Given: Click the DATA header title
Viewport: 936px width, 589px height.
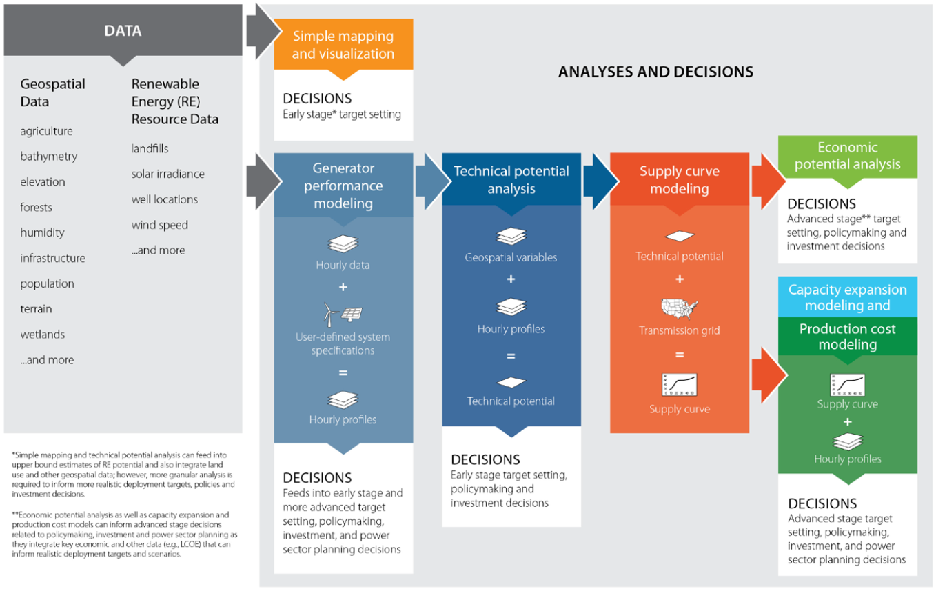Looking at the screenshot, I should [123, 30].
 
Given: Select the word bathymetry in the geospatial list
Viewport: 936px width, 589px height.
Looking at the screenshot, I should [49, 157].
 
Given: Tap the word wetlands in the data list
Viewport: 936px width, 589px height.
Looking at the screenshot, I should [43, 335].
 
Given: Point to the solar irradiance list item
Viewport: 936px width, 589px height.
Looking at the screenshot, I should [168, 174].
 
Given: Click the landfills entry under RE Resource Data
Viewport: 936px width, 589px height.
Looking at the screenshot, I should [150, 148].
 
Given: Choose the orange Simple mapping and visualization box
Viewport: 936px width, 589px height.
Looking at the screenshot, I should [343, 45].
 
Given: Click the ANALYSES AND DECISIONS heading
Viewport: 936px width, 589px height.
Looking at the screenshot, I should [655, 72].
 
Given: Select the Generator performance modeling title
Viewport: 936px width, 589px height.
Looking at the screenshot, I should [343, 186].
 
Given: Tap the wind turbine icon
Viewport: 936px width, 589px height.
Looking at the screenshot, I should [329, 315].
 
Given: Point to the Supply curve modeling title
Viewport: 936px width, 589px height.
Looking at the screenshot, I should [680, 179].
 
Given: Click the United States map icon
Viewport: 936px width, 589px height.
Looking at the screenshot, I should [680, 308].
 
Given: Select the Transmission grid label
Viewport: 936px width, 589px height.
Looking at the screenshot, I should [680, 330].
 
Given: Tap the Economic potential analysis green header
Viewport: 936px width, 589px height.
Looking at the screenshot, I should [848, 156].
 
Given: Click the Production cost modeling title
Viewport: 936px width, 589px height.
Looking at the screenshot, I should [848, 337].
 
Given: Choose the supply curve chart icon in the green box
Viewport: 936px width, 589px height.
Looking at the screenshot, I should [848, 384].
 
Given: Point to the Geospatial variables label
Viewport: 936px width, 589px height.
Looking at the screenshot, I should [511, 257].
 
